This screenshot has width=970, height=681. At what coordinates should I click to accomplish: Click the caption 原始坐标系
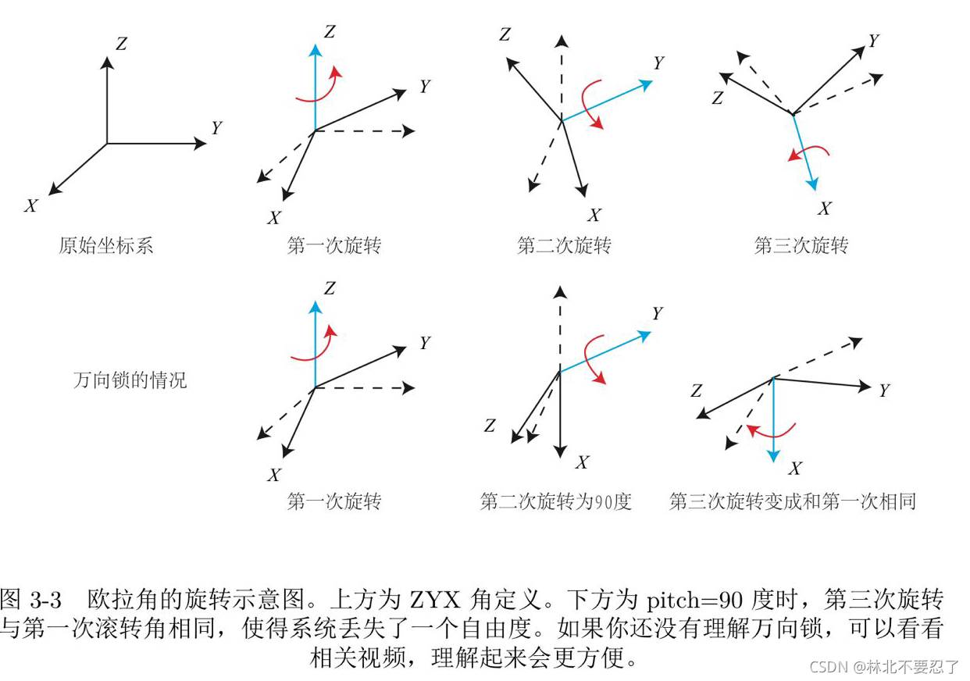pos(106,245)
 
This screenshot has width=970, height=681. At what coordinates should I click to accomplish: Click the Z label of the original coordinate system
pos(121,44)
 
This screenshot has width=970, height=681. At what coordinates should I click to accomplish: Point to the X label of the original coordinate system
pos(31,206)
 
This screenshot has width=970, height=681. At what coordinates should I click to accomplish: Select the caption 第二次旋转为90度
pos(555,501)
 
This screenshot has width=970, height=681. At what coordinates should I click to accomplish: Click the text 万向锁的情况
pos(130,380)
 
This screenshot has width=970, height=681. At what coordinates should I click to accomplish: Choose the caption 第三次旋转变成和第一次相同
pos(792,501)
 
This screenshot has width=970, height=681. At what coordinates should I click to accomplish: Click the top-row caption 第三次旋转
pos(801,245)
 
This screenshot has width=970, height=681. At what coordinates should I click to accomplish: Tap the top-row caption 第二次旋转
pos(564,245)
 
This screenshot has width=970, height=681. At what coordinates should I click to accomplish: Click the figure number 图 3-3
pos(31,601)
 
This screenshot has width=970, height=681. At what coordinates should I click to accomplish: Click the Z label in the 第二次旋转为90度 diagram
pos(490,426)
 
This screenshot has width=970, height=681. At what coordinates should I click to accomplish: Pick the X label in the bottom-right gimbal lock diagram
pos(795,469)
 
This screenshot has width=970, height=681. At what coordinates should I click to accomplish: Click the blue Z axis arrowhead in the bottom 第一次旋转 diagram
pos(314,305)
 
